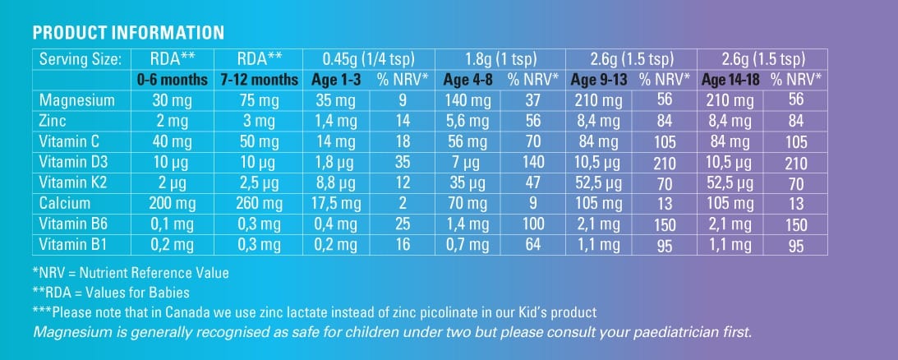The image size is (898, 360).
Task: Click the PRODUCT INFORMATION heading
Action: (x=128, y=34)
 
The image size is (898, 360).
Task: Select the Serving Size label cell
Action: (x=80, y=59)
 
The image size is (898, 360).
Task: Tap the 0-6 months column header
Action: (x=173, y=81)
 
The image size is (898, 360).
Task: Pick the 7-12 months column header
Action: (x=259, y=81)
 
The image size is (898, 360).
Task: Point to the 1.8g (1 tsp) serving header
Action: (x=501, y=59)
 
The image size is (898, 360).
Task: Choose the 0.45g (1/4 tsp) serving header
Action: (x=369, y=59)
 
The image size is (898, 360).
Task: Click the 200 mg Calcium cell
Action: (x=173, y=203)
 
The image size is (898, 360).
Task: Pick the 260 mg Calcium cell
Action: (x=259, y=203)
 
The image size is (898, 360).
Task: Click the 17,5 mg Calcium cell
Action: (x=337, y=203)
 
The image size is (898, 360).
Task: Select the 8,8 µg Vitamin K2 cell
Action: (x=337, y=183)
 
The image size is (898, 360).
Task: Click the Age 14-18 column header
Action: (x=730, y=81)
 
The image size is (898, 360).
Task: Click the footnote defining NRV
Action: (x=131, y=272)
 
